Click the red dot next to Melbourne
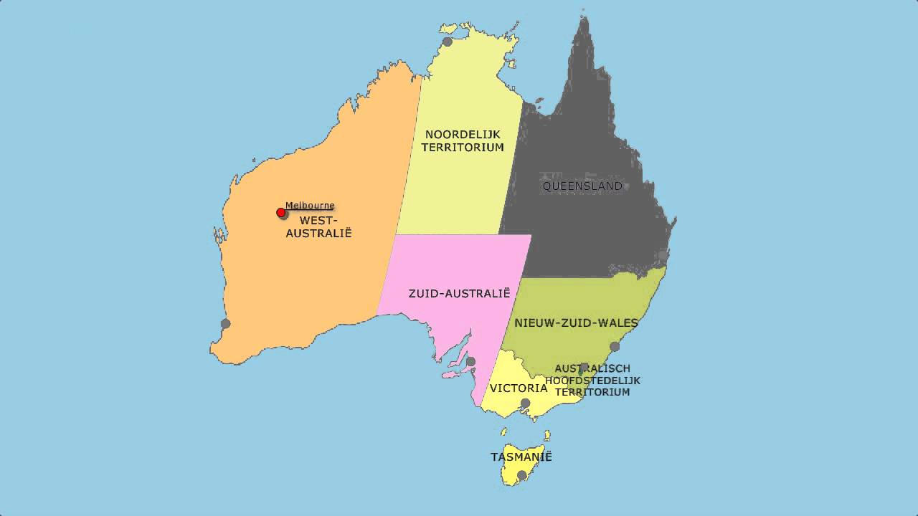pyautogui.click(x=281, y=213)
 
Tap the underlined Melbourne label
pyautogui.click(x=310, y=206)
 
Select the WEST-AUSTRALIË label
pyautogui.click(x=318, y=226)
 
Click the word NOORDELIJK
pyautogui.click(x=462, y=134)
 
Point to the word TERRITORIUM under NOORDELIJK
pyautogui.click(x=462, y=148)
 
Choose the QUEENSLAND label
pyautogui.click(x=582, y=186)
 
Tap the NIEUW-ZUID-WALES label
pyautogui.click(x=576, y=323)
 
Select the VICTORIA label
pyautogui.click(x=519, y=388)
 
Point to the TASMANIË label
pyautogui.click(x=521, y=457)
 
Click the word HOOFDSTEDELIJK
pyautogui.click(x=592, y=381)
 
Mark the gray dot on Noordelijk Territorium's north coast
pyautogui.click(x=448, y=42)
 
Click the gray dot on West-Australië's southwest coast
pyautogui.click(x=225, y=324)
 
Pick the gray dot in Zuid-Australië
pyautogui.click(x=470, y=362)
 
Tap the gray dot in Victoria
pyautogui.click(x=525, y=403)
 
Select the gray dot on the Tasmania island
pyautogui.click(x=521, y=474)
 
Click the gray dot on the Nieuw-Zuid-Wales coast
pyautogui.click(x=615, y=347)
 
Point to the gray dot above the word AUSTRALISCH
pyautogui.click(x=584, y=367)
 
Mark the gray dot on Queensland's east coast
pyautogui.click(x=663, y=255)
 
